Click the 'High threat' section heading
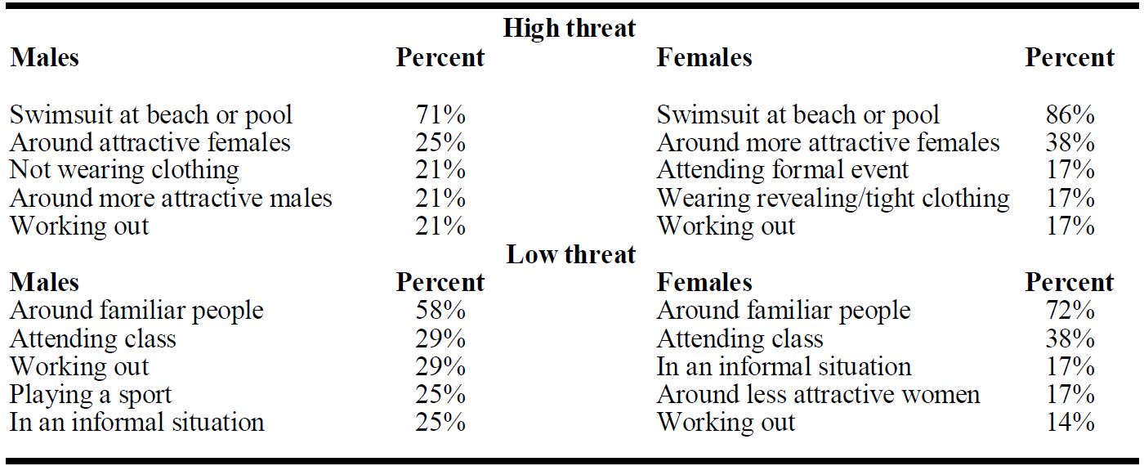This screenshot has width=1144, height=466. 570,28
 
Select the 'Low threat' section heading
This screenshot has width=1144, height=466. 571,254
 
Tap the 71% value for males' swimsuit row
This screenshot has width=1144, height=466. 440,114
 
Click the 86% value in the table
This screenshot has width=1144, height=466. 1070,114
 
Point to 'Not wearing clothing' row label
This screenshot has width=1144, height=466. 124,170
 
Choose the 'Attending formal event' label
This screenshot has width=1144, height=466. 783,170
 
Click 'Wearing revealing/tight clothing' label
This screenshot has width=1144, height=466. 833,198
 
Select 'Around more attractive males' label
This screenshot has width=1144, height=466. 171,198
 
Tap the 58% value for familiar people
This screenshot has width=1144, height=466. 440,310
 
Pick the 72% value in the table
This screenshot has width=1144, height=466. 1070,310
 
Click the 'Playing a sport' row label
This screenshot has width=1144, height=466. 91,395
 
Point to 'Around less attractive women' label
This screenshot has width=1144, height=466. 818,394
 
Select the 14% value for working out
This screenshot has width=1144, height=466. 1070,422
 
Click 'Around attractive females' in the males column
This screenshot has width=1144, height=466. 150,142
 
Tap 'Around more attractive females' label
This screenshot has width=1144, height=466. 828,142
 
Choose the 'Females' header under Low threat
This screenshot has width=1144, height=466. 704,282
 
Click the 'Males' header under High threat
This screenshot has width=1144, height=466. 44,57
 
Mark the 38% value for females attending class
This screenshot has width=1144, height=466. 1070,338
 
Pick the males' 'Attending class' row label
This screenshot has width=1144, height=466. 93,338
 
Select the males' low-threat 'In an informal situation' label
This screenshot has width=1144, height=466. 137,422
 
